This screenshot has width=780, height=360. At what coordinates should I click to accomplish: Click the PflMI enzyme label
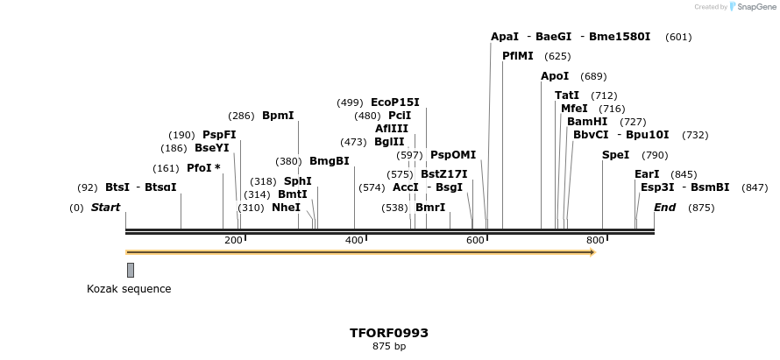tap(517, 56)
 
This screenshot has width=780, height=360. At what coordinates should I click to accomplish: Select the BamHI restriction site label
tap(587, 122)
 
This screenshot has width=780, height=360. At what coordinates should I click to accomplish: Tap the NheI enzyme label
tap(286, 208)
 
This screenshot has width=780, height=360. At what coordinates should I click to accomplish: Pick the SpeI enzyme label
tap(615, 155)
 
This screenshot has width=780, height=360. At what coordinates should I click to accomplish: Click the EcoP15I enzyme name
tap(395, 102)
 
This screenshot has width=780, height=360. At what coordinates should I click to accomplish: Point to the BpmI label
tap(278, 116)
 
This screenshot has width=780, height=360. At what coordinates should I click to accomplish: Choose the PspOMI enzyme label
tap(453, 155)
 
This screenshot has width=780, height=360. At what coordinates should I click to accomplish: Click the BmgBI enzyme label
tap(330, 161)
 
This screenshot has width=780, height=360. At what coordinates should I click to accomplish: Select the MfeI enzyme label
tap(574, 109)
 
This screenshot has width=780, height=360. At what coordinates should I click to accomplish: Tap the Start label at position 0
tap(105, 208)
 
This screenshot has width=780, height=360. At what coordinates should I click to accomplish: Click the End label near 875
tap(665, 208)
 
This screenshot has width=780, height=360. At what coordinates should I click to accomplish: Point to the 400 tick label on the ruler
tap(354, 241)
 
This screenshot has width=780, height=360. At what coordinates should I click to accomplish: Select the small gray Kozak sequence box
tap(131, 270)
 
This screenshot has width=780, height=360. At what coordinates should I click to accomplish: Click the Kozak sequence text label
tap(129, 289)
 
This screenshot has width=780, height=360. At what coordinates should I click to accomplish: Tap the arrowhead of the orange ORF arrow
tap(592, 252)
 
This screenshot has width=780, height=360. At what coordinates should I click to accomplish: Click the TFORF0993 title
tap(389, 333)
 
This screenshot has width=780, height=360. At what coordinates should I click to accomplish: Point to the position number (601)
tap(678, 37)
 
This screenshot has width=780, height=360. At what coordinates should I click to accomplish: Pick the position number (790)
tap(655, 155)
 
